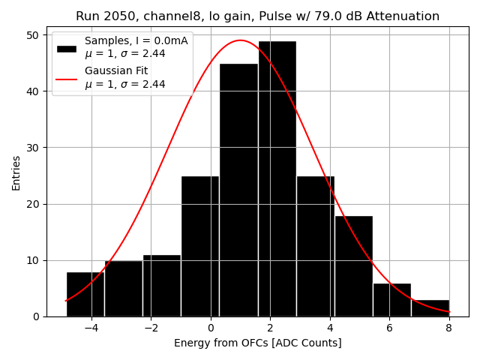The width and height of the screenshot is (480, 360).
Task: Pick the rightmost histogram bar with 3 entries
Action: coord(430,308)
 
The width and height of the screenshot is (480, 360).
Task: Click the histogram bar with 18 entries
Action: coord(353,266)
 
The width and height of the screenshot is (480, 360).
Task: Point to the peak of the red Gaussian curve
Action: coord(240,40)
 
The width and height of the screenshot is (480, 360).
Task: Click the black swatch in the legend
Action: coord(67,48)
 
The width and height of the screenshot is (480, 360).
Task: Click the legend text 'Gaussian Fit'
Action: coord(116,71)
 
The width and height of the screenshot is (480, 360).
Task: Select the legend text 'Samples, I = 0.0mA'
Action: coord(136,40)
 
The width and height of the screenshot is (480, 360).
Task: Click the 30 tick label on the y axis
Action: coord(34,148)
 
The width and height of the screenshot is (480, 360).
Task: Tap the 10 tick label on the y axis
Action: coord(34,260)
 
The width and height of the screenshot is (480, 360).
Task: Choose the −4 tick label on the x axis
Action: coord(91,328)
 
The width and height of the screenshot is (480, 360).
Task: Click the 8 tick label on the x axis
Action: coord(448,328)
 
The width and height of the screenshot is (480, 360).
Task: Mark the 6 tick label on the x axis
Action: coord(389,328)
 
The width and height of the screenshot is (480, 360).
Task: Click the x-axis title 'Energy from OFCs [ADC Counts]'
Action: coord(257,343)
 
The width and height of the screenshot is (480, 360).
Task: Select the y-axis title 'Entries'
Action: coord(16,173)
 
